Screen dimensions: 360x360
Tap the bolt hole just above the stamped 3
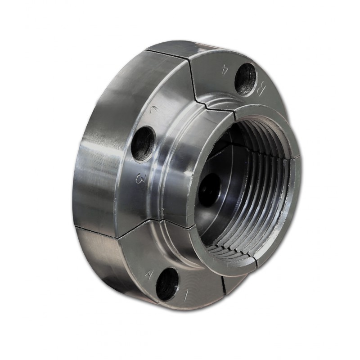click(143, 144)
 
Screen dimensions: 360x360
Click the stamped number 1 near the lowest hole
click(185, 297)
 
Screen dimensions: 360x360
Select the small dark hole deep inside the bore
click(210, 189)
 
